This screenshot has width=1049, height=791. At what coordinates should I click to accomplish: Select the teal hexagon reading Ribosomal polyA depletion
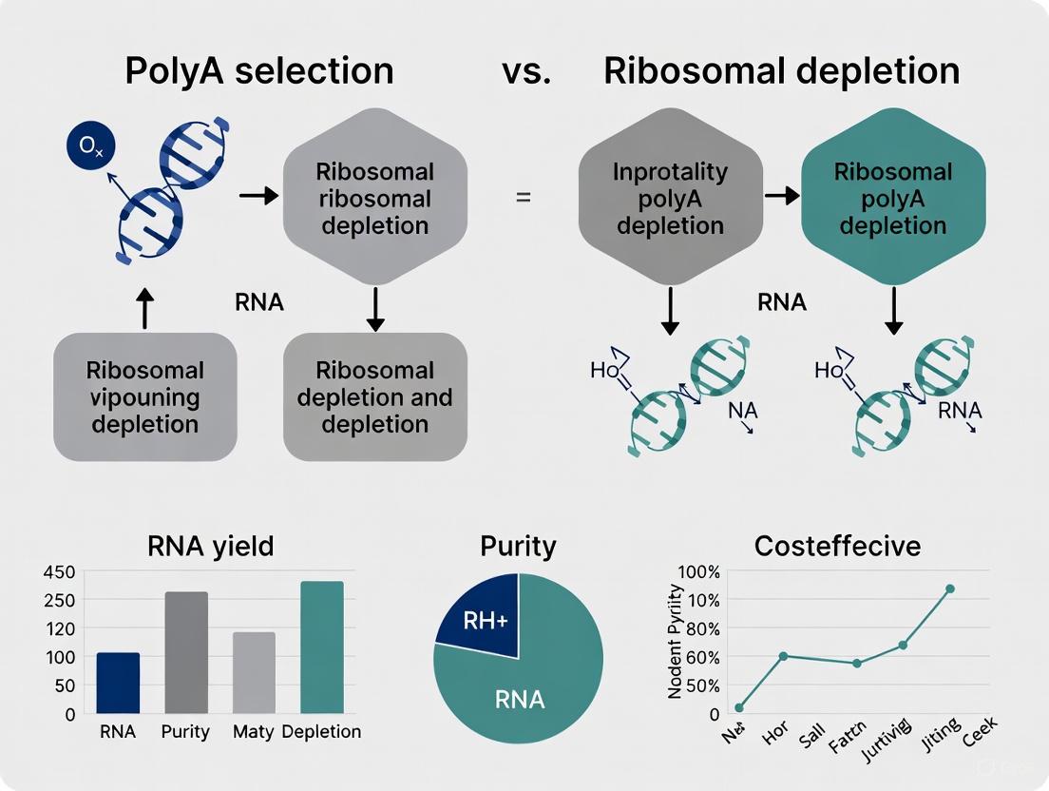[892, 198]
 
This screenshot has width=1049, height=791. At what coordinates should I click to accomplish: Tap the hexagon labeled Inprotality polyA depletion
[670, 198]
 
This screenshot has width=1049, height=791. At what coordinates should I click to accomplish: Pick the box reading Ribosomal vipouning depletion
[144, 396]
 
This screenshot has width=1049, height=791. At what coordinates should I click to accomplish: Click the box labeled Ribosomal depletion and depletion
[375, 396]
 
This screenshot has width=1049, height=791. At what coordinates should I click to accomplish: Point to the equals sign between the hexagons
[523, 198]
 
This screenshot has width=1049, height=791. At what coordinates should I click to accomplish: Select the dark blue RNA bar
[118, 683]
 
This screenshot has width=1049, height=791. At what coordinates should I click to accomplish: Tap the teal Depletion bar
[321, 646]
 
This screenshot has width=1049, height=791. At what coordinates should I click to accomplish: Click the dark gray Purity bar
[186, 652]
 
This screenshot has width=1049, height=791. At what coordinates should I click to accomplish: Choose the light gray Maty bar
[254, 672]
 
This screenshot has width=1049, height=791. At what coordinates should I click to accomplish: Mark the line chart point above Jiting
[949, 588]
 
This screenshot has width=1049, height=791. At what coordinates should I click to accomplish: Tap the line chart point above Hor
[783, 656]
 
